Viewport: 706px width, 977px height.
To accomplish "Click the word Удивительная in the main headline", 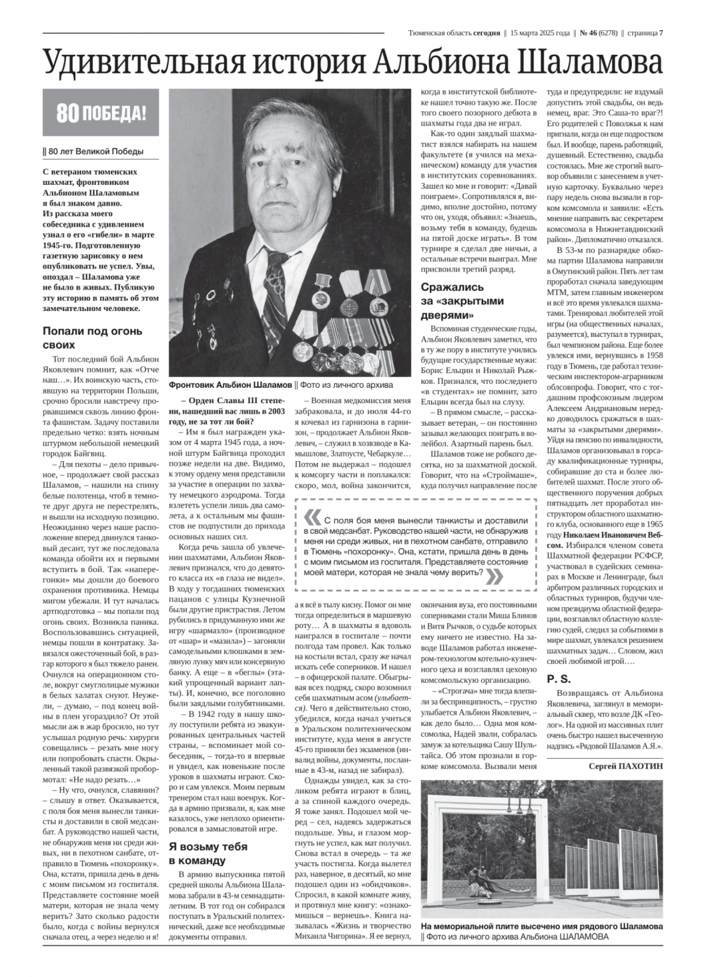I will (x=137, y=63).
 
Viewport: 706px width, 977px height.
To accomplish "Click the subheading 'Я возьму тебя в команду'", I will (x=208, y=854).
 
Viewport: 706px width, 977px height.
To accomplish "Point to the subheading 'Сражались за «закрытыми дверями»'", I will (x=462, y=301).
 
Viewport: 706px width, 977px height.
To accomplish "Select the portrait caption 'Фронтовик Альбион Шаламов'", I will (x=231, y=385).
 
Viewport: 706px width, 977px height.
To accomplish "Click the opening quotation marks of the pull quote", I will (x=312, y=518).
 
